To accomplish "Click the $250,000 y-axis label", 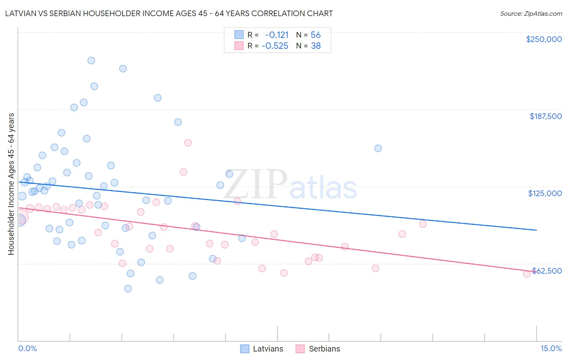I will coord(544,39).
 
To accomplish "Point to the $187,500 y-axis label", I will coord(546,116).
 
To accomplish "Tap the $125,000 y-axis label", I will coord(545,193).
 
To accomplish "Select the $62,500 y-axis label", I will coord(547,271).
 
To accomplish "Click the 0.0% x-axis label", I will coord(27,348).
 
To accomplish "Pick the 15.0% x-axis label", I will coord(551,348).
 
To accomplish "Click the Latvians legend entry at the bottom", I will coord(268,349).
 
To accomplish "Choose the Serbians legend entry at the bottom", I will coord(324,349).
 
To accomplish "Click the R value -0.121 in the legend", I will coord(277,35).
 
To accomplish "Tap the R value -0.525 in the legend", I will coord(275,46).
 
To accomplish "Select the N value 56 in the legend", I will coord(316,35).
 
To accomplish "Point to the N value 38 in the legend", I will coord(316,46).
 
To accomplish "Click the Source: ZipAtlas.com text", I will coord(531,13).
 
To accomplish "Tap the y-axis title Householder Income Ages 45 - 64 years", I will coord(11,184).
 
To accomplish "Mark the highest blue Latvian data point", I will coord(91,61).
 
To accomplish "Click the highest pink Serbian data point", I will coord(188,143).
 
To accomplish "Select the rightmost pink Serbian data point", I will coord(527,274).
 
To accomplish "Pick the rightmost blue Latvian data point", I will coord(378,148).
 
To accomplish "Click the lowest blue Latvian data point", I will coord(128,289).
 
